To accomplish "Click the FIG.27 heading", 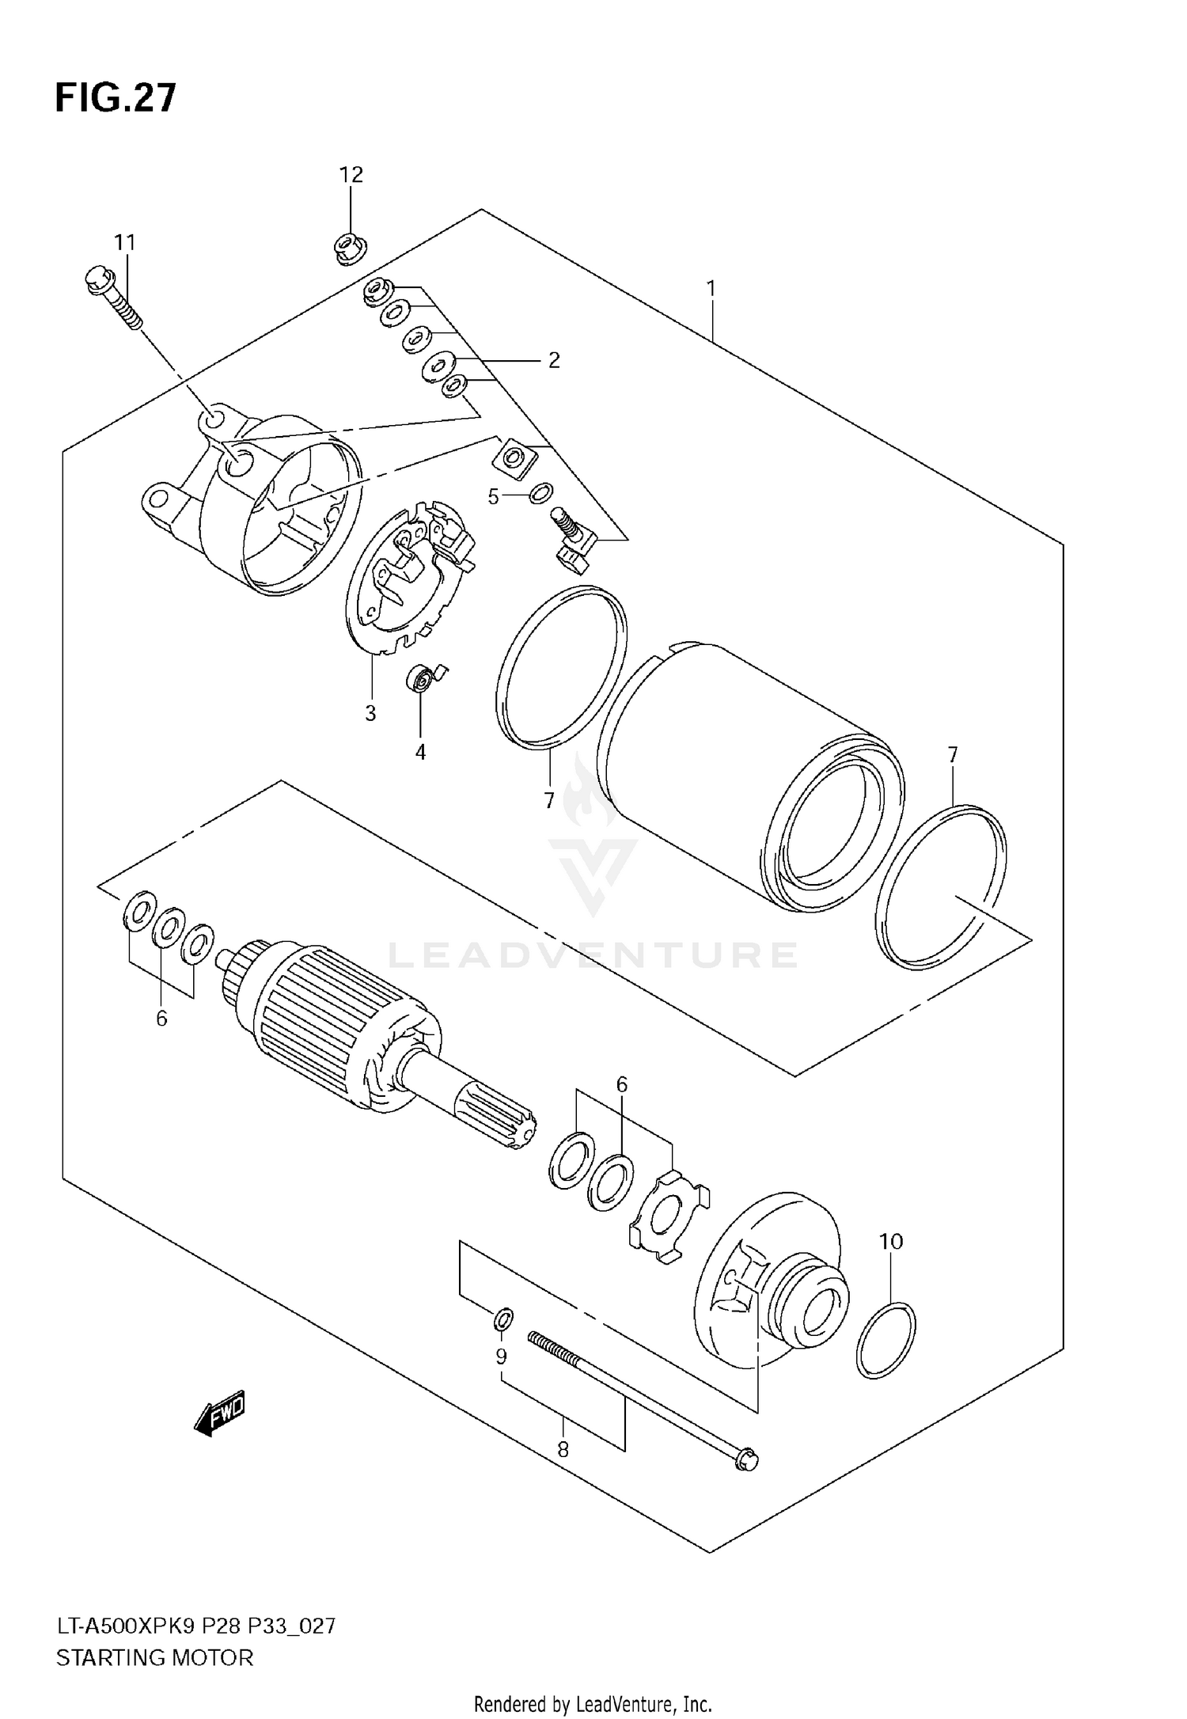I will (116, 99).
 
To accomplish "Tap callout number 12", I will (351, 175).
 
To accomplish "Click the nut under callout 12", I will (348, 249).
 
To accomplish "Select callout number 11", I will (124, 242).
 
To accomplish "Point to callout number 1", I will (711, 289).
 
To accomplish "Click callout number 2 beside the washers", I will (554, 360).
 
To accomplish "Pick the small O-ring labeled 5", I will (540, 494).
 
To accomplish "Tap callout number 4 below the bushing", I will (420, 753).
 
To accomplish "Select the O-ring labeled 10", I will (886, 1340).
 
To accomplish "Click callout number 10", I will (891, 1242).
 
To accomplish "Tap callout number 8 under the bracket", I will (563, 1449).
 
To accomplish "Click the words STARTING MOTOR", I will (155, 1657).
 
